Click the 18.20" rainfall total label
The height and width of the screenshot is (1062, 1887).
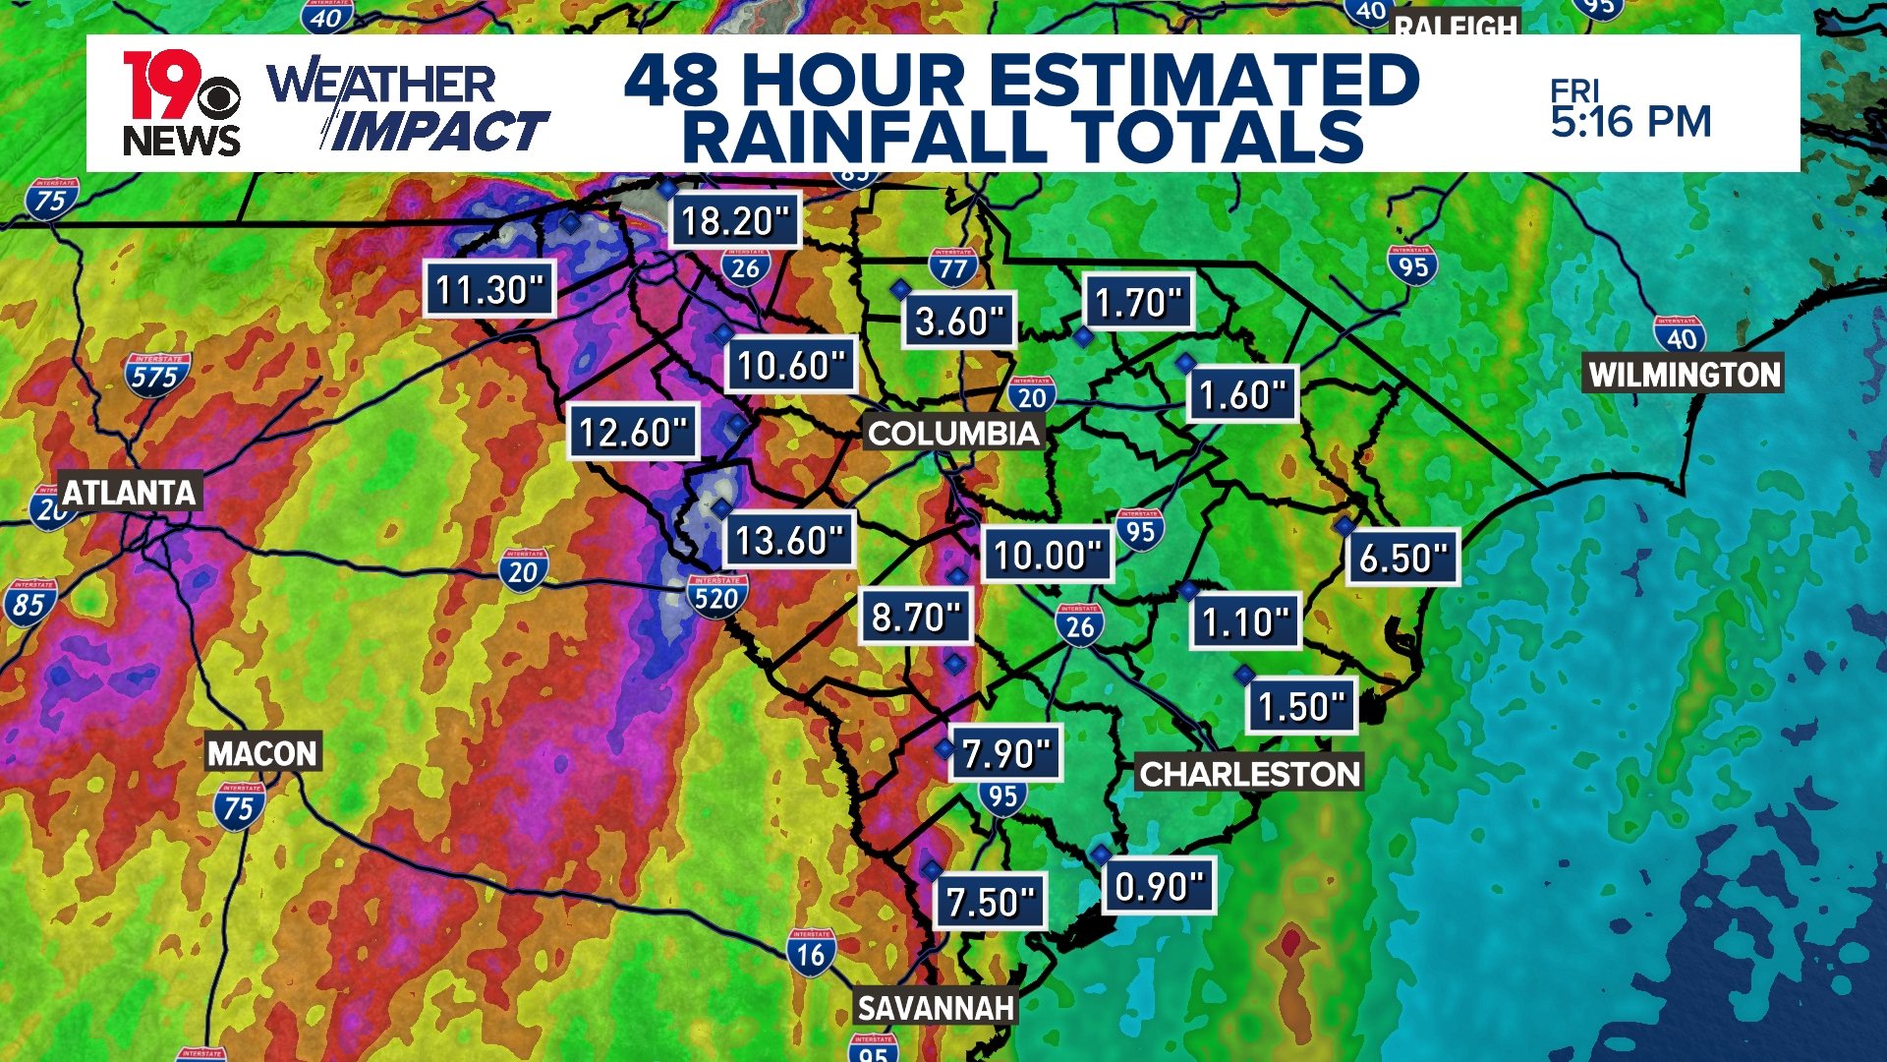click(735, 220)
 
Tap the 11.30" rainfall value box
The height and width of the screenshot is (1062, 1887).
click(489, 289)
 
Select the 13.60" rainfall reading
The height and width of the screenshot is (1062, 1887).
click(789, 540)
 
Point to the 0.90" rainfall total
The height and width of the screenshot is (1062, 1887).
click(1159, 886)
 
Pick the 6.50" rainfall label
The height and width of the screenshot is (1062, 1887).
click(1402, 558)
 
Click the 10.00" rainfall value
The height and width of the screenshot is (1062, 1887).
click(1047, 555)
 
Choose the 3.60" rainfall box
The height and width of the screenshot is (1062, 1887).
click(958, 321)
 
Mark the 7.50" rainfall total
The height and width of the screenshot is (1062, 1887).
click(990, 902)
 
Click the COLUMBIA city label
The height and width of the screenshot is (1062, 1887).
click(952, 433)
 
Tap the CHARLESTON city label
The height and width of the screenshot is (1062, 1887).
click(1249, 774)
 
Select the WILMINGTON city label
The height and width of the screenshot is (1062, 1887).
click(1684, 374)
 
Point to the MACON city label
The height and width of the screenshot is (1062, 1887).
click(262, 753)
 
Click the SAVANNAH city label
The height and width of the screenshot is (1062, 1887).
click(935, 1008)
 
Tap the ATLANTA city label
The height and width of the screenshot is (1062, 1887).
click(129, 492)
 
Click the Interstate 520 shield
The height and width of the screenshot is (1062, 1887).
click(716, 597)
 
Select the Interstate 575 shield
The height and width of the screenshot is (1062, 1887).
click(156, 376)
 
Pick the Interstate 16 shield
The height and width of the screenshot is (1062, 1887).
click(811, 953)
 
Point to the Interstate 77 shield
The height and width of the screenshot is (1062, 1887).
click(952, 266)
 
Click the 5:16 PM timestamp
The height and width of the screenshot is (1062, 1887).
click(1630, 122)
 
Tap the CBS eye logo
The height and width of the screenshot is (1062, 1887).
click(218, 98)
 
